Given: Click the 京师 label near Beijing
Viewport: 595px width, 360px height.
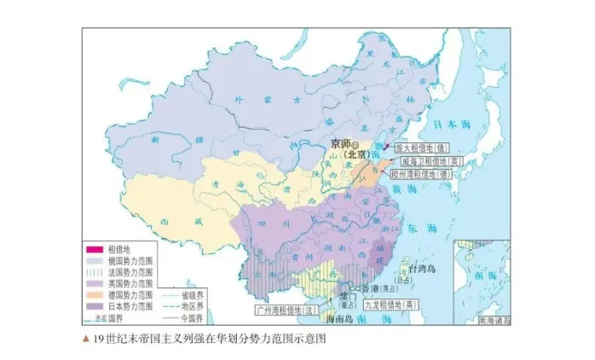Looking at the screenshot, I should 338,143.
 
